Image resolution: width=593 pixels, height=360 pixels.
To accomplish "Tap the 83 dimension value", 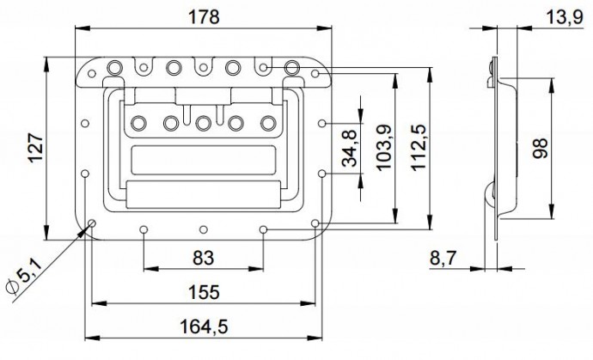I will tap(203, 256).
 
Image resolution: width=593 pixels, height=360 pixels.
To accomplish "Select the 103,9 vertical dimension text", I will tap(383, 149).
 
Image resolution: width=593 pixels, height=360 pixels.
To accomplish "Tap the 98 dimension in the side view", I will tap(541, 149).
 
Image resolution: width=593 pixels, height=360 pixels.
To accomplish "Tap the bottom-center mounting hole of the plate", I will tap(203, 229).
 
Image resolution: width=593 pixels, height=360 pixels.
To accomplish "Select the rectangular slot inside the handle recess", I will tap(203, 160).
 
